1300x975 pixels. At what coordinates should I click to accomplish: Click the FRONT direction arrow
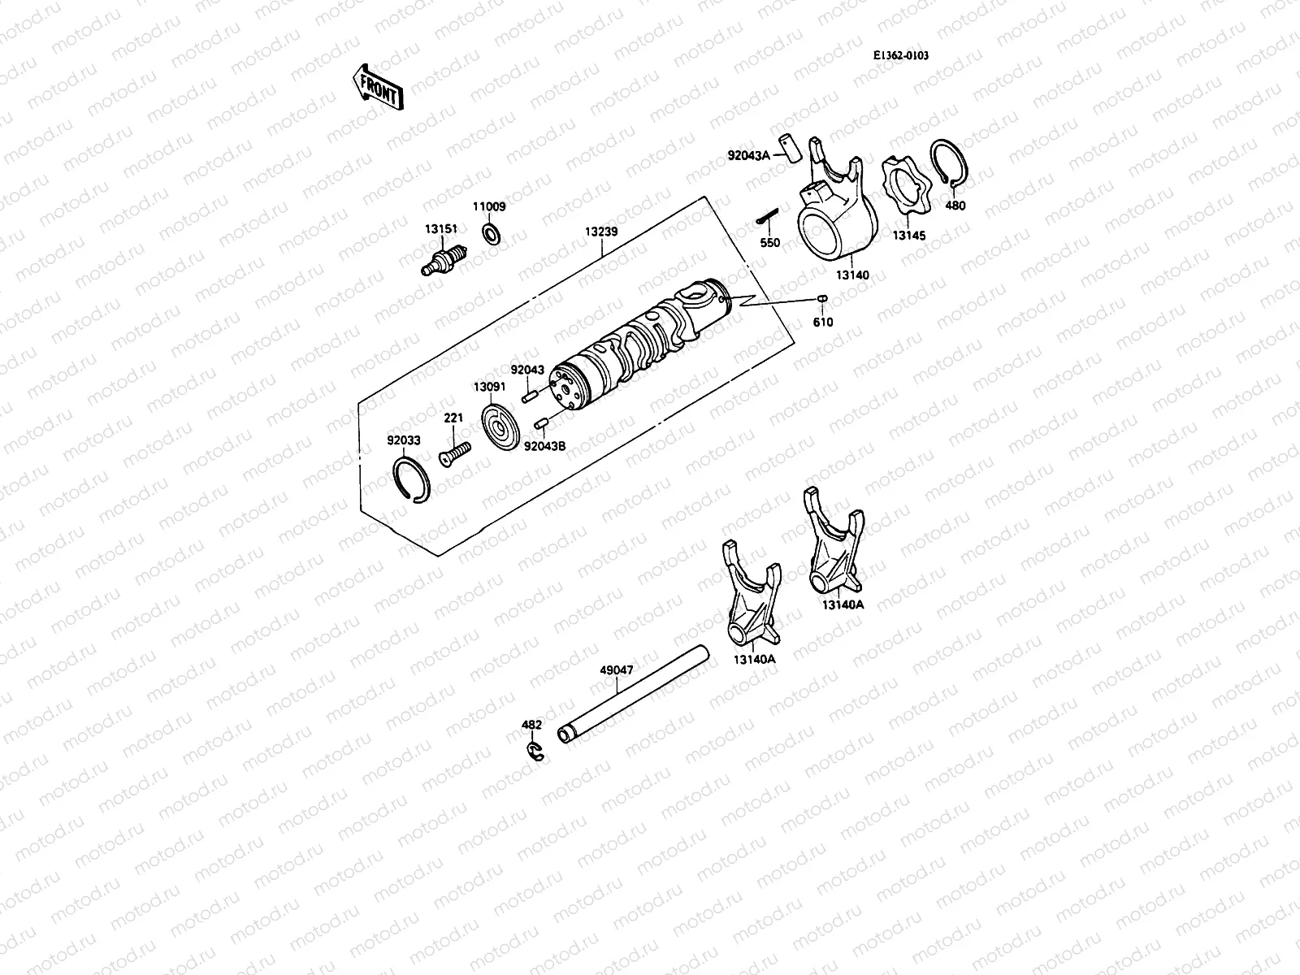coord(378,88)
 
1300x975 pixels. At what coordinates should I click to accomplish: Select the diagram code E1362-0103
coord(901,55)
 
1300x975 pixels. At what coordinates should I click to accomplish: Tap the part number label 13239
coord(601,232)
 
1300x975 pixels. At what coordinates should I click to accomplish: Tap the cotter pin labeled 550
coord(768,216)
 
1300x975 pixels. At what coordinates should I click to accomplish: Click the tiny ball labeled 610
coord(822,299)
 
